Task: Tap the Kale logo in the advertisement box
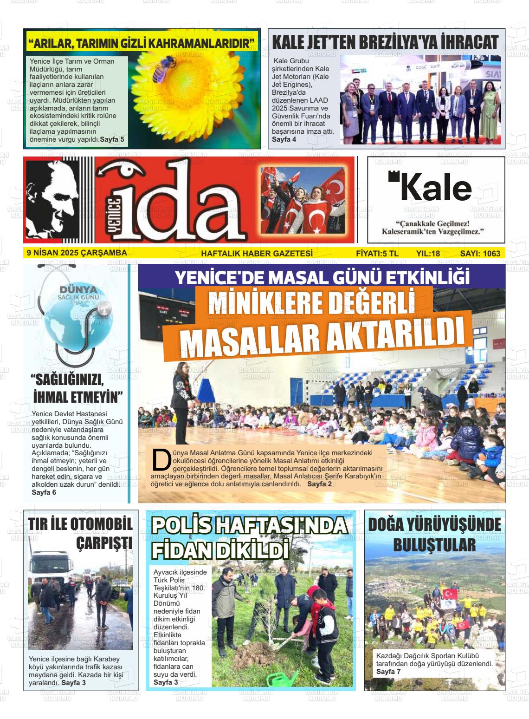click(430, 187)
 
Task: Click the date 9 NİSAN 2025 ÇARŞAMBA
click(77, 253)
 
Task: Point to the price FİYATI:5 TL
click(377, 254)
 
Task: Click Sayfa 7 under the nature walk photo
click(388, 672)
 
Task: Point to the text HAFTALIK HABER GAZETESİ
click(257, 254)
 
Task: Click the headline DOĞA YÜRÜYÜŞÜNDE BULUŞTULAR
click(434, 535)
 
